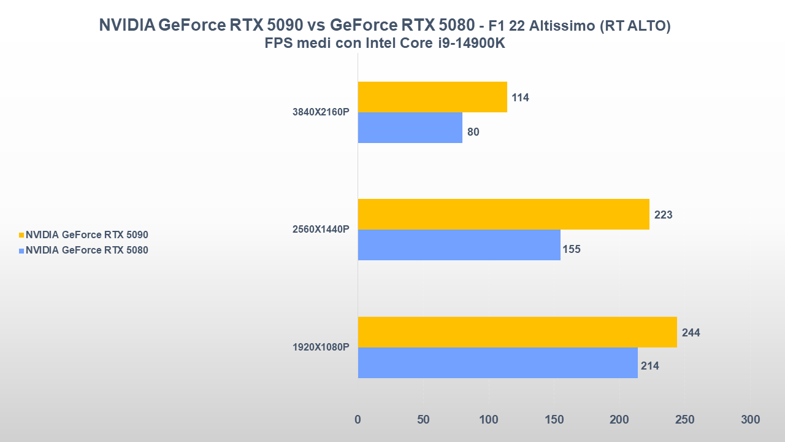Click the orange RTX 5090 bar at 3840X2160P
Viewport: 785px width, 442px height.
432,97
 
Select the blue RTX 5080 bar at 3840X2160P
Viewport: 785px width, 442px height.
410,128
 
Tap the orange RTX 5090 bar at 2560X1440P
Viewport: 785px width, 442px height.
504,214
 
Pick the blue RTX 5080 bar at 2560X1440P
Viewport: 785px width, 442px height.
459,245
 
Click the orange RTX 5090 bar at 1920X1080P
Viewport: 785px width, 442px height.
517,332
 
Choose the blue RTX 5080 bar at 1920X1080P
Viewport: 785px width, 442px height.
497,363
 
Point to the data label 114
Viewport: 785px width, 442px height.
520,98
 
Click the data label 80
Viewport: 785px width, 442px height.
473,132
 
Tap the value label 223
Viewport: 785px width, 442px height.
663,215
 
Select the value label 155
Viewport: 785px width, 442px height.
571,249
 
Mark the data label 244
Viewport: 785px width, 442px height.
691,333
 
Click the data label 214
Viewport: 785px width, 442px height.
649,366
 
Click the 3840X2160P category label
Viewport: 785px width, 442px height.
321,112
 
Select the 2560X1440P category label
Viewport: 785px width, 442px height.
321,230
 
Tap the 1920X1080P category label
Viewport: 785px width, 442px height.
321,347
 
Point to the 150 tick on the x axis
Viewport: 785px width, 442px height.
554,420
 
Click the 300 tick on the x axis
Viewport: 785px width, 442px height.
750,420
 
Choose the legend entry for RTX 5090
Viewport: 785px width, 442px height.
86,235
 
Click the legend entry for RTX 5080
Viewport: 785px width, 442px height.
86,250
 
